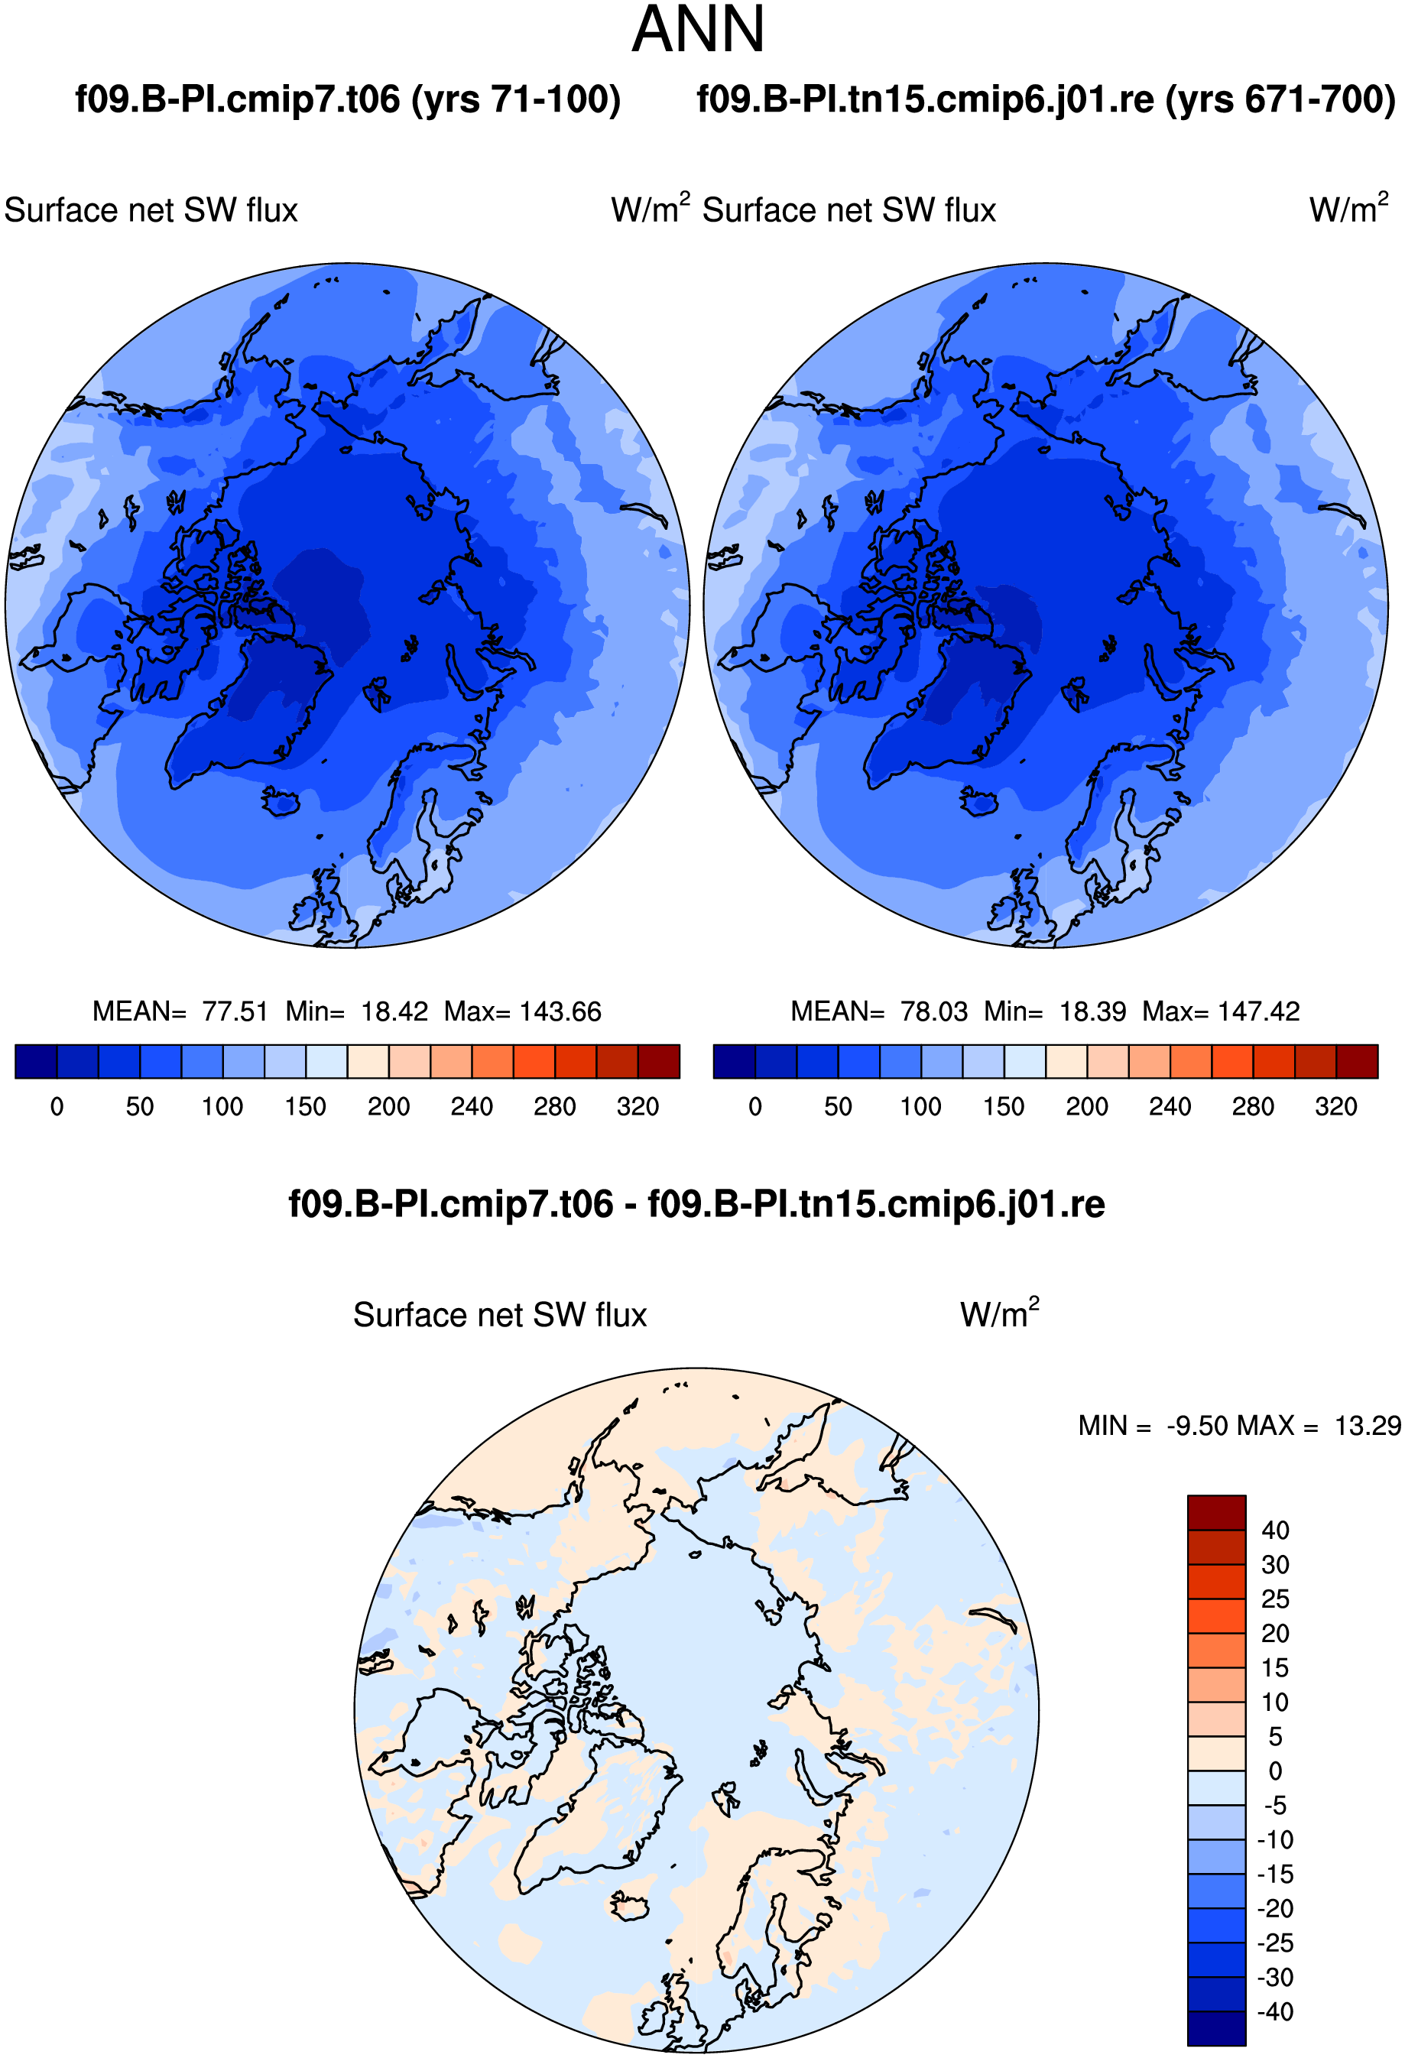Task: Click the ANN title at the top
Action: click(698, 29)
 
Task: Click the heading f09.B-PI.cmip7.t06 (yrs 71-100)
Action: click(348, 99)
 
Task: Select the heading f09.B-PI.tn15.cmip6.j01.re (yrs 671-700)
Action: click(1046, 99)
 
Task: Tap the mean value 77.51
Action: click(235, 1011)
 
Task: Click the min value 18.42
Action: click(394, 1011)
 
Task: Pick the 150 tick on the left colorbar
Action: click(306, 1107)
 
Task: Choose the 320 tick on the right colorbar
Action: click(1336, 1107)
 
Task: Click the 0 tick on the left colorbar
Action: click(57, 1107)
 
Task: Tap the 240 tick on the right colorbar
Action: click(1170, 1107)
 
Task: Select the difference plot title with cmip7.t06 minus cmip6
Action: click(696, 1204)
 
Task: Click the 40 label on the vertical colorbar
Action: click(1275, 1531)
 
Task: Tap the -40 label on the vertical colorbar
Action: click(1276, 2012)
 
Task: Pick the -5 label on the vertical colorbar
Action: click(1276, 1805)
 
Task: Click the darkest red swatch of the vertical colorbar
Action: click(1216, 1512)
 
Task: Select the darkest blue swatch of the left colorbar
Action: click(36, 1061)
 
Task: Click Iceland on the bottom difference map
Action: click(628, 1906)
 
